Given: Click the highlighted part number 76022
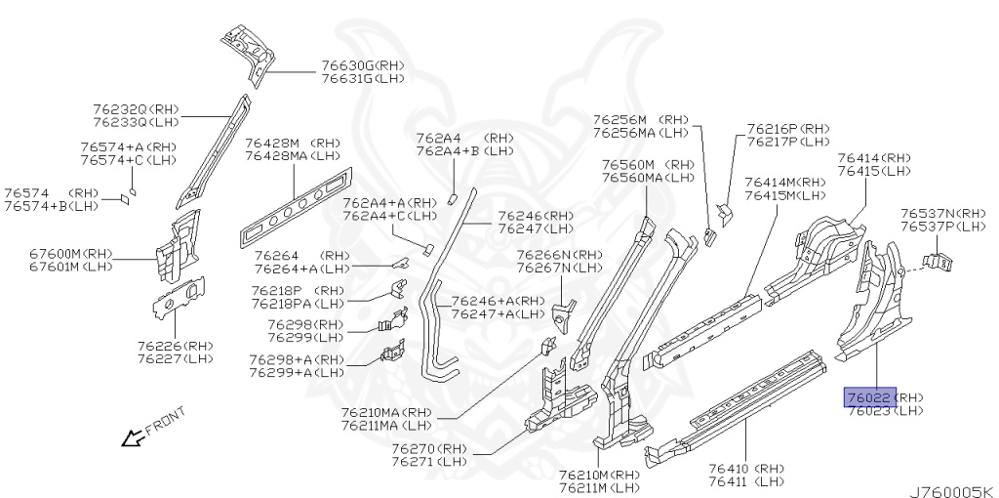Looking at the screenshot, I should point(869,397).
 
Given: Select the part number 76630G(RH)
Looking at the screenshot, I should point(362,66).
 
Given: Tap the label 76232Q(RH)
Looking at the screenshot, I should point(136,109).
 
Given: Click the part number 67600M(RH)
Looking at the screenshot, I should point(71,254).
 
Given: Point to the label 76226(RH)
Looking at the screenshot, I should point(175,346).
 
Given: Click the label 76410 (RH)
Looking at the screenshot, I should point(746,469).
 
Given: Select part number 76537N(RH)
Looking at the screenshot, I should point(942,213).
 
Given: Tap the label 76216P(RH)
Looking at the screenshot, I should point(788,129).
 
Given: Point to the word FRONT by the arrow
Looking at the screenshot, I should point(163,422).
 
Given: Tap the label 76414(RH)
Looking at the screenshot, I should point(873,158).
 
